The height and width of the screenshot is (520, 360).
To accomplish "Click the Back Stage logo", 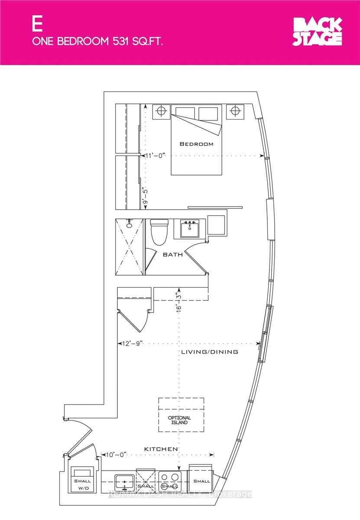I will (318, 32).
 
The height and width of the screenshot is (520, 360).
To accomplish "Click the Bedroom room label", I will (197, 144).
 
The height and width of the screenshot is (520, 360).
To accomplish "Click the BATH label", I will (172, 255).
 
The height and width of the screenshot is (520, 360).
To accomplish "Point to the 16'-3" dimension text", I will (177, 302).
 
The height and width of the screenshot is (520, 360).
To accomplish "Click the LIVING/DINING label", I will (209, 352).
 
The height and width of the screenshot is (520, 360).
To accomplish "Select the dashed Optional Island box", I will (181, 415).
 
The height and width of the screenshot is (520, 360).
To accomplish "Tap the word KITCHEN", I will (161, 449).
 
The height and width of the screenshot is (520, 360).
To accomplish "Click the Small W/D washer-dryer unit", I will (82, 480).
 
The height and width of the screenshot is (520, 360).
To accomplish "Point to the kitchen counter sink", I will (124, 481).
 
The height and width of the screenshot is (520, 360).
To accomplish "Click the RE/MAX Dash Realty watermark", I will (180, 494).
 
